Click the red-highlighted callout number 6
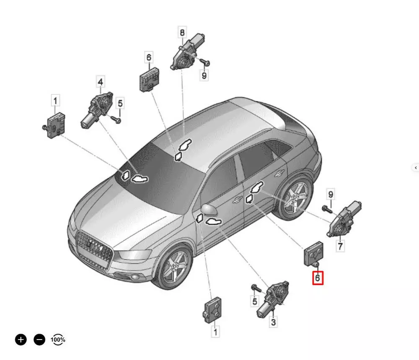click(318, 278)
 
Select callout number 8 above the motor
click(182, 33)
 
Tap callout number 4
click(100, 82)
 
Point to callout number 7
click(340, 246)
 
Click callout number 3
click(273, 321)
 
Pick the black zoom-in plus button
click(21, 339)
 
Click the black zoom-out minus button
click(39, 339)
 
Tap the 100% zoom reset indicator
click(58, 339)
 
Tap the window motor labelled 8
click(187, 52)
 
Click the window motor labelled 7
click(344, 219)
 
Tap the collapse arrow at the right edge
click(416, 168)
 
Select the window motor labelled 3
click(273, 299)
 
